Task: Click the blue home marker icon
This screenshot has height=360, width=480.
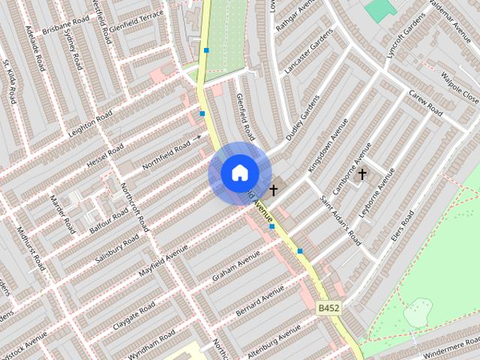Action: tap(239, 173)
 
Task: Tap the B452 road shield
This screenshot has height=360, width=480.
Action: tap(328, 307)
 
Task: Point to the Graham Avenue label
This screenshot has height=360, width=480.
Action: tap(235, 268)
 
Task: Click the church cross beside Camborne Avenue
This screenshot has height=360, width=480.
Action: tap(362, 175)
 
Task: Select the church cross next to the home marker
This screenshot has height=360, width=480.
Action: tap(274, 190)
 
